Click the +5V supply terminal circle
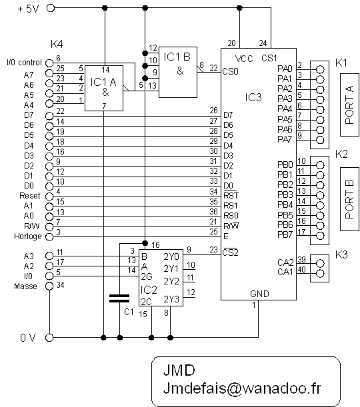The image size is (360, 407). click(51, 8)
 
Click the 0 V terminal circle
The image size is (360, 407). click(49, 338)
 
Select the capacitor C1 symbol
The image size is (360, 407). click(119, 298)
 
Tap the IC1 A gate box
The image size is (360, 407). click(104, 88)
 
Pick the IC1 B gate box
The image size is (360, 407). click(178, 72)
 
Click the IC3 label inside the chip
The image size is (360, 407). click(253, 97)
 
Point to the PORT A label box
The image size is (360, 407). click(349, 105)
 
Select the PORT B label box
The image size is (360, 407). click(349, 199)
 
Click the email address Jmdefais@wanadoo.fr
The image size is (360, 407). click(242, 388)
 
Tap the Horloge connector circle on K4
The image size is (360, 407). click(49, 236)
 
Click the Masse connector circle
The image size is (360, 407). click(49, 286)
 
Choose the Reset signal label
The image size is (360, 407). click(30, 195)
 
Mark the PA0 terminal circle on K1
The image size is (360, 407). click(320, 69)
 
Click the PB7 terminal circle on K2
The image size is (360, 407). click(320, 235)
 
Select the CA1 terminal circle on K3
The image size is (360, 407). click(320, 273)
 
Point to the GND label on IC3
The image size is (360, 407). click(259, 294)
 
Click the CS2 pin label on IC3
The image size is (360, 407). click(231, 252)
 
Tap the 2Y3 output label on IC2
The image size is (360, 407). click(171, 299)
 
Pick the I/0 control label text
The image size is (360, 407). click(24, 63)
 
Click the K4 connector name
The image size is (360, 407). click(57, 44)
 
